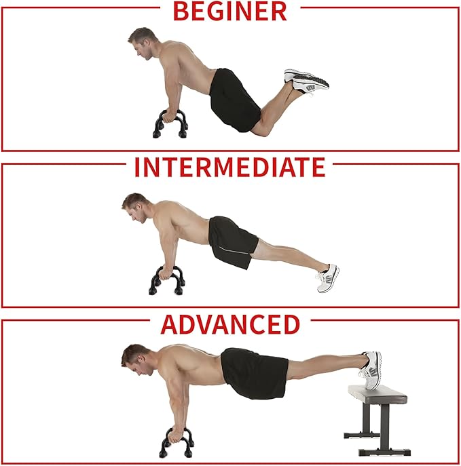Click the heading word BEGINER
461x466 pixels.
pyautogui.click(x=230, y=11)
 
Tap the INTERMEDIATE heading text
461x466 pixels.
pyautogui.click(x=230, y=167)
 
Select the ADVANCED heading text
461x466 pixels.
pyautogui.click(x=230, y=324)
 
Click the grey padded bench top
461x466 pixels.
pyautogui.click(x=377, y=395)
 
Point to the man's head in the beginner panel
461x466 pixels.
pyautogui.click(x=142, y=43)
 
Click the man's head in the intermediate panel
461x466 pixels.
pyautogui.click(x=136, y=208)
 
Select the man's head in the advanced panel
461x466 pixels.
pyautogui.click(x=136, y=360)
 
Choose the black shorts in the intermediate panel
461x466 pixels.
pyautogui.click(x=232, y=241)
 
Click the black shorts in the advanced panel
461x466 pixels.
pyautogui.click(x=255, y=373)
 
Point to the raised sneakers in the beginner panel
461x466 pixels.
pyautogui.click(x=306, y=81)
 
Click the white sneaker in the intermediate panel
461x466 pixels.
pyautogui.click(x=328, y=279)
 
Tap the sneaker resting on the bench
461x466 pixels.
pyautogui.click(x=371, y=370)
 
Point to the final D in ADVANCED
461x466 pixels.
pyautogui.click(x=291, y=324)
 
